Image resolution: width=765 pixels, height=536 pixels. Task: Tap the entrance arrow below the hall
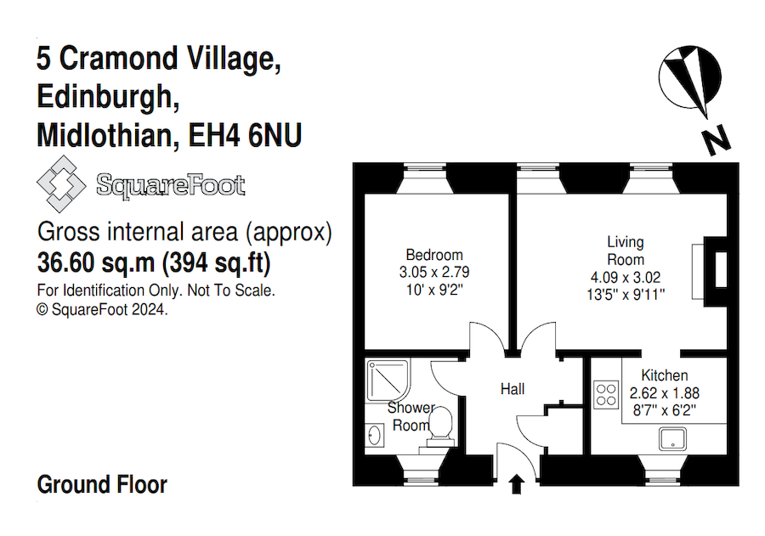[x=516, y=485]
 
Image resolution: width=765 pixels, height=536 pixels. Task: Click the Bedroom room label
[x=434, y=255]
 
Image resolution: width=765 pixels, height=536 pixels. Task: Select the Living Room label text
[x=625, y=251]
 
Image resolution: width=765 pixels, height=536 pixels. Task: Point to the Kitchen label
[x=665, y=375]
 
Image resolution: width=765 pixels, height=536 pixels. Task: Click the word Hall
[x=513, y=389]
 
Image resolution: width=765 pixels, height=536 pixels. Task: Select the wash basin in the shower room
[x=376, y=435]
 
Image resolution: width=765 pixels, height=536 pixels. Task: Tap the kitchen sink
[x=676, y=439]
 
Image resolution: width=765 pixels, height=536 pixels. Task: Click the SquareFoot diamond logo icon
[x=62, y=186]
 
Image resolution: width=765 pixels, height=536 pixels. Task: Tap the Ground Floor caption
[x=102, y=485]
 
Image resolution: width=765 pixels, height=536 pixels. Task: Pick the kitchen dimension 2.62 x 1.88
[x=665, y=393]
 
